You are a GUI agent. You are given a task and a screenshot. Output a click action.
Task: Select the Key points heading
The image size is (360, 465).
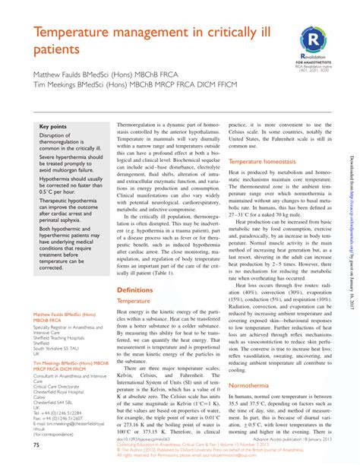53,126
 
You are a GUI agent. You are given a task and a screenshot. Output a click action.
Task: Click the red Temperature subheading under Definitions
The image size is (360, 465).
134,280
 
